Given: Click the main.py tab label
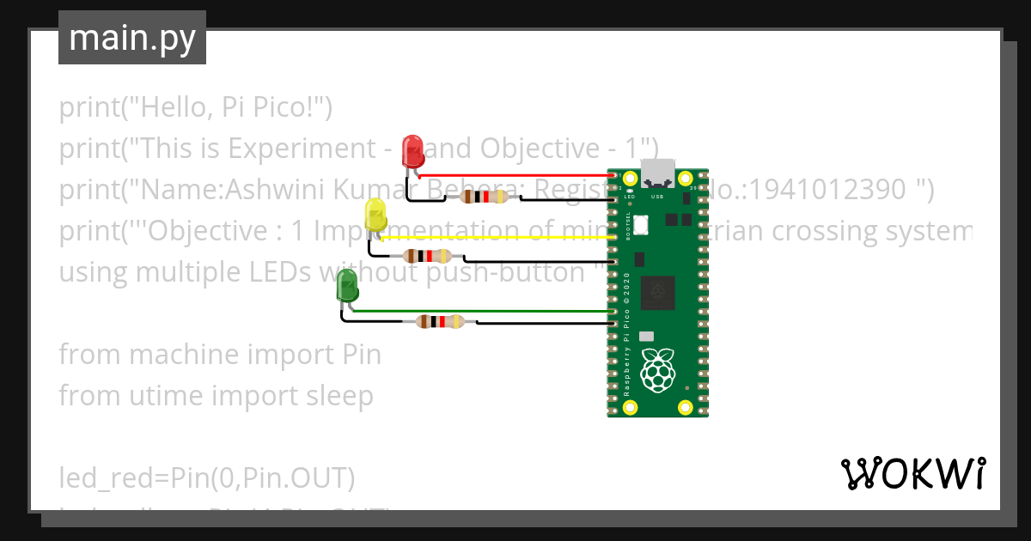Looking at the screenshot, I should coord(131,38).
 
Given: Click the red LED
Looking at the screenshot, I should coord(413,151).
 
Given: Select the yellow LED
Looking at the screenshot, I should coord(375,215).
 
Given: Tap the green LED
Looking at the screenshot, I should coord(347,286).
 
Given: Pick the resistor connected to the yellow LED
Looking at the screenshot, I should coord(427,255).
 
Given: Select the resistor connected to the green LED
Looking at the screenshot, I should coord(439,322).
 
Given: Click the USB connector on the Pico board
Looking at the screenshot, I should coord(658,174).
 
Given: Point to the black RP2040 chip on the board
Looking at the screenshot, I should coord(659,292).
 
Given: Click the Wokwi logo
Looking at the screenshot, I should coord(912,473).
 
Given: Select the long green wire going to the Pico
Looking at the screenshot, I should coord(481,310).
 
